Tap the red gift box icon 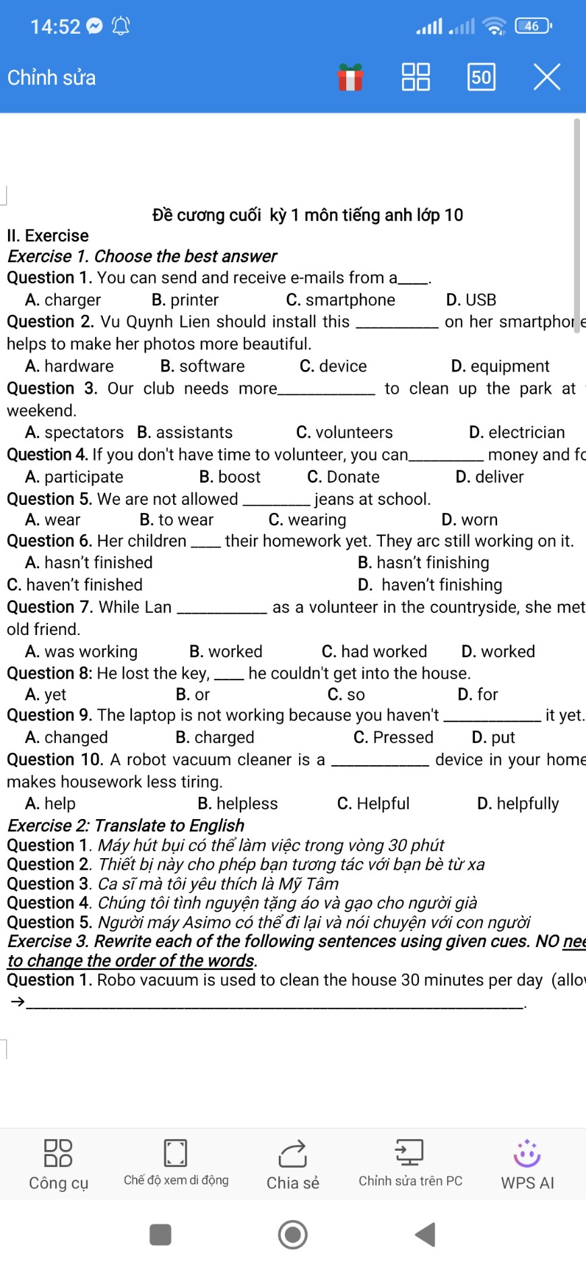pyautogui.click(x=350, y=77)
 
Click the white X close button pyautogui.click(x=547, y=77)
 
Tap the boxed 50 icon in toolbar pyautogui.click(x=481, y=77)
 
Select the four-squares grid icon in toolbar pyautogui.click(x=416, y=77)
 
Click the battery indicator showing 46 pyautogui.click(x=532, y=26)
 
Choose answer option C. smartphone pyautogui.click(x=341, y=300)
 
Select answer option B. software pyautogui.click(x=203, y=366)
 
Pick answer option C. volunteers pyautogui.click(x=344, y=432)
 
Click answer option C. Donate pyautogui.click(x=344, y=477)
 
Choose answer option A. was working pyautogui.click(x=82, y=651)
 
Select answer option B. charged pyautogui.click(x=215, y=737)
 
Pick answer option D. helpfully pyautogui.click(x=518, y=804)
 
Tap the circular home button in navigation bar pyautogui.click(x=293, y=1234)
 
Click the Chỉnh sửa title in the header pyautogui.click(x=52, y=78)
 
